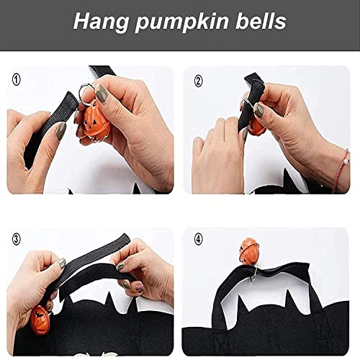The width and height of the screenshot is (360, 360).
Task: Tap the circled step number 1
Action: pyautogui.click(x=16, y=78)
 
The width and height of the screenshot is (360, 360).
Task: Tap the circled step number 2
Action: pyautogui.click(x=199, y=81)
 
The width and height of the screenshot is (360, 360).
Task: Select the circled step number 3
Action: pyautogui.click(x=17, y=238)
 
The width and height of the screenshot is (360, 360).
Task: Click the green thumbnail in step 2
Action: pyautogui.click(x=258, y=110)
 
